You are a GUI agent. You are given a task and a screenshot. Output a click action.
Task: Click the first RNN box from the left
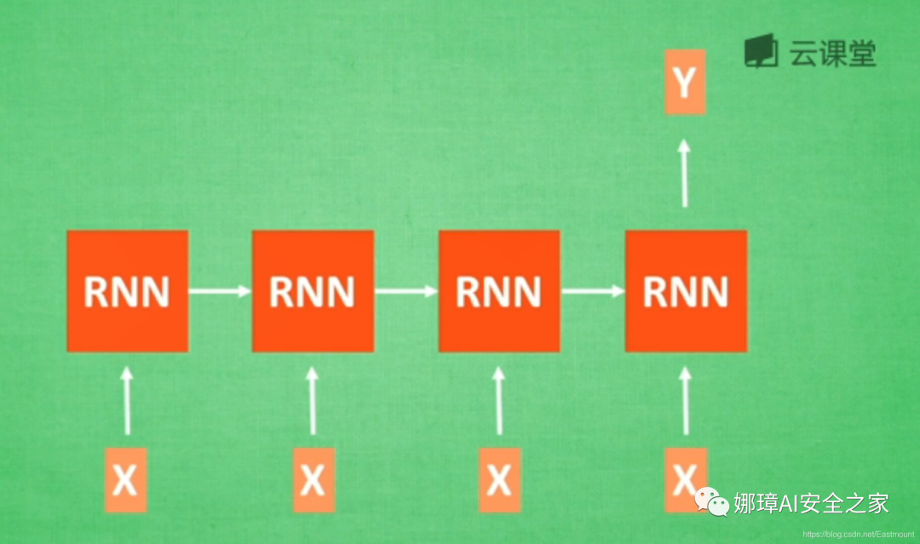click(127, 291)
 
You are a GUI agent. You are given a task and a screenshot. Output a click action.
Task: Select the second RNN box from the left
click(313, 291)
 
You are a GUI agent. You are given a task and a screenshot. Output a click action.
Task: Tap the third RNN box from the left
click(499, 291)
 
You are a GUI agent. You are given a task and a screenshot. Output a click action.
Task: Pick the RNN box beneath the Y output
click(686, 291)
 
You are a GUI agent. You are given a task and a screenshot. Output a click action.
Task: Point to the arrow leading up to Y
click(685, 173)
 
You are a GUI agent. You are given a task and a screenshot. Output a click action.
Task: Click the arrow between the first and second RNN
click(220, 291)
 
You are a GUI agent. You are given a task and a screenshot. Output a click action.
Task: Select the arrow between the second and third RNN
click(406, 291)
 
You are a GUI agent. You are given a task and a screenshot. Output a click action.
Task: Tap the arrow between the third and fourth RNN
click(593, 291)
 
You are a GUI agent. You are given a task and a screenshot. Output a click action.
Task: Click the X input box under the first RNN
click(125, 481)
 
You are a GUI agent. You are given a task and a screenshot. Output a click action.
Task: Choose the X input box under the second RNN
click(313, 481)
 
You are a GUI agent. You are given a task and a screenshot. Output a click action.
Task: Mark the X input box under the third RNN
click(499, 481)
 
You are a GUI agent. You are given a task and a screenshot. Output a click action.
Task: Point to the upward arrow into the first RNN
click(127, 400)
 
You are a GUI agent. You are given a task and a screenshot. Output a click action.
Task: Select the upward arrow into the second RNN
click(313, 400)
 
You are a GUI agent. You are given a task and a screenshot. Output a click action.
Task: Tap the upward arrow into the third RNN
click(499, 400)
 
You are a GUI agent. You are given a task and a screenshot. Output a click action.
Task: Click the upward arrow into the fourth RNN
click(686, 400)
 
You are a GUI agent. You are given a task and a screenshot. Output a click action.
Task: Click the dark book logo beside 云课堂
click(761, 52)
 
